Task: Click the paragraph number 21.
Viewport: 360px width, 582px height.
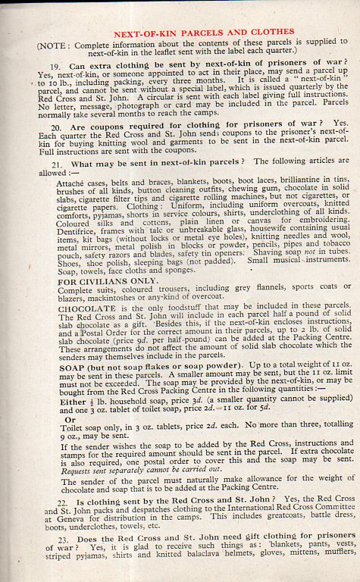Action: pos(55,164)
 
